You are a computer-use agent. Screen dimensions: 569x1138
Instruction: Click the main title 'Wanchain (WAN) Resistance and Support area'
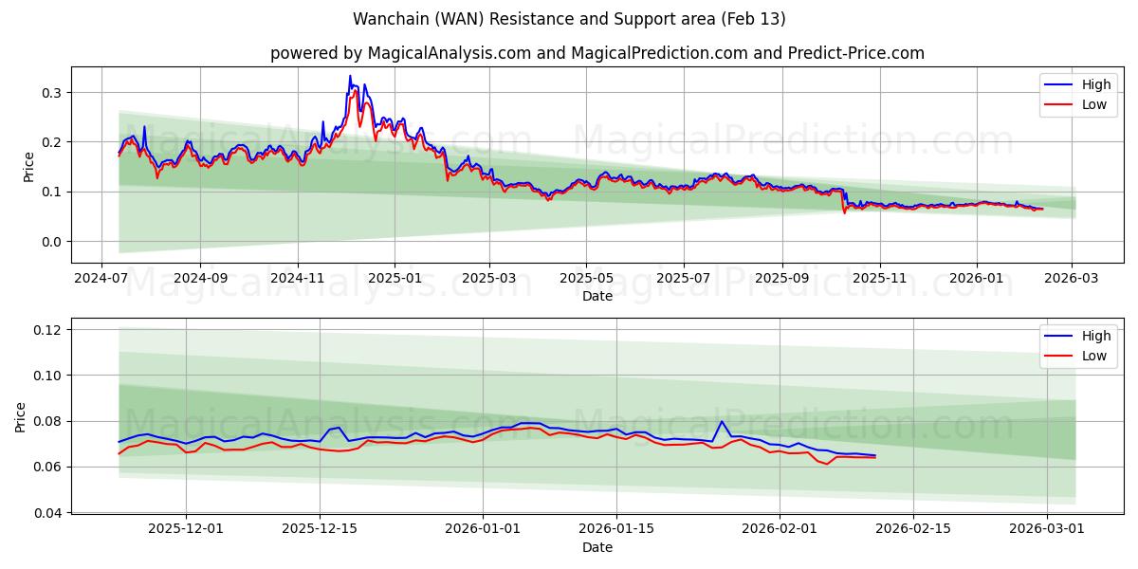tap(569, 19)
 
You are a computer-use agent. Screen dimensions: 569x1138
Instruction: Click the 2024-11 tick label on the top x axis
tap(298, 279)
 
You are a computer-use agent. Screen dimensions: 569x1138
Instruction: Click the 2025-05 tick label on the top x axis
tap(586, 279)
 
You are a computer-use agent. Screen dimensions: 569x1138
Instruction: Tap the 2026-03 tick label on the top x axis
tap(1072, 279)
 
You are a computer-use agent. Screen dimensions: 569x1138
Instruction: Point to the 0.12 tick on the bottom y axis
tap(46, 330)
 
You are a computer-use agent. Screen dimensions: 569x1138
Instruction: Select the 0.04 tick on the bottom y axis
tap(46, 513)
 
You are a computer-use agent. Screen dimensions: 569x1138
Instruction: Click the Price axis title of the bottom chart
tap(22, 416)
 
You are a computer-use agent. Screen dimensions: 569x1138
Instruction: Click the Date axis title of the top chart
tap(597, 296)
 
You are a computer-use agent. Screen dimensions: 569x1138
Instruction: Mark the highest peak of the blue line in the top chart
tap(349, 76)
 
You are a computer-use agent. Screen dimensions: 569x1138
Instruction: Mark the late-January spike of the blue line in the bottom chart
tap(722, 421)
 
